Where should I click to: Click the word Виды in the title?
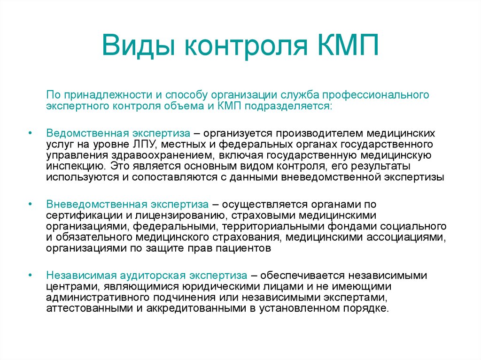pyautogui.click(x=139, y=45)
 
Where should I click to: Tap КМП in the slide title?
pyautogui.click(x=348, y=45)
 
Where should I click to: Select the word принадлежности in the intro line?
pyautogui.click(x=109, y=95)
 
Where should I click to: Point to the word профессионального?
pyautogui.click(x=375, y=95)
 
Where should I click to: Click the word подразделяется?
pyautogui.click(x=288, y=106)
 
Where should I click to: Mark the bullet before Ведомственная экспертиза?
pyautogui.click(x=30, y=133)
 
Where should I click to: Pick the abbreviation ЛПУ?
pyautogui.click(x=145, y=145)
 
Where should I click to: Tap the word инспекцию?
pyautogui.click(x=77, y=167)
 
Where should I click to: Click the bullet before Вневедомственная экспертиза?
pyautogui.click(x=30, y=204)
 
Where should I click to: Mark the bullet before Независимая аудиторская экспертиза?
pyautogui.click(x=30, y=275)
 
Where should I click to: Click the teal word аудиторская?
pyautogui.click(x=153, y=276)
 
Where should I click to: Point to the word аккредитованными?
pyautogui.click(x=196, y=308)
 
